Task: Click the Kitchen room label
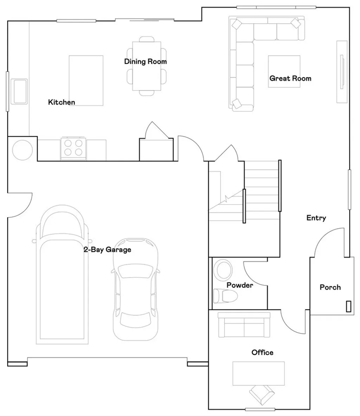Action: pos(62,102)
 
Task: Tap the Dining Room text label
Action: pos(145,62)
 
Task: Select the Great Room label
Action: pos(290,78)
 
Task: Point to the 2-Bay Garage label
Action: pos(107,250)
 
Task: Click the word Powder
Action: pos(239,285)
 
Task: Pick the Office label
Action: pos(262,352)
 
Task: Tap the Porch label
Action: pos(330,287)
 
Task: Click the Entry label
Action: pos(316,218)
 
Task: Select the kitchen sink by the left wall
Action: pos(20,91)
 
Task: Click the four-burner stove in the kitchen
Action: pos(74,148)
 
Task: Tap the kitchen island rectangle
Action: pos(86,80)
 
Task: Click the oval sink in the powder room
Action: pos(223,270)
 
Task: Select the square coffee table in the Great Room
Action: pos(284,71)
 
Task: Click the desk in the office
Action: pos(258,373)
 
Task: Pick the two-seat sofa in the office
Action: pos(244,325)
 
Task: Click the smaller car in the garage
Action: pos(135,288)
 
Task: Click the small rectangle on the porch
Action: pos(348,306)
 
